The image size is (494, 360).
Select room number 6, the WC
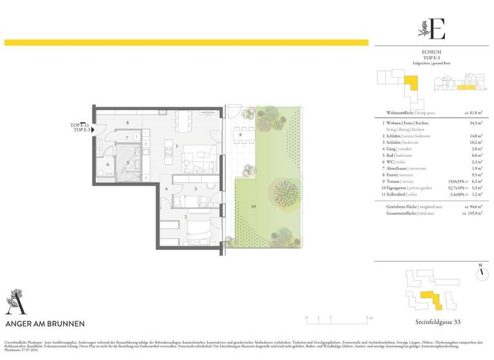pyautogui.click(x=107, y=164)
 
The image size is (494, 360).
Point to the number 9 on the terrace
pyautogui.click(x=239, y=135)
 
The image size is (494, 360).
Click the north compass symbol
pyautogui.click(x=480, y=273)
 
